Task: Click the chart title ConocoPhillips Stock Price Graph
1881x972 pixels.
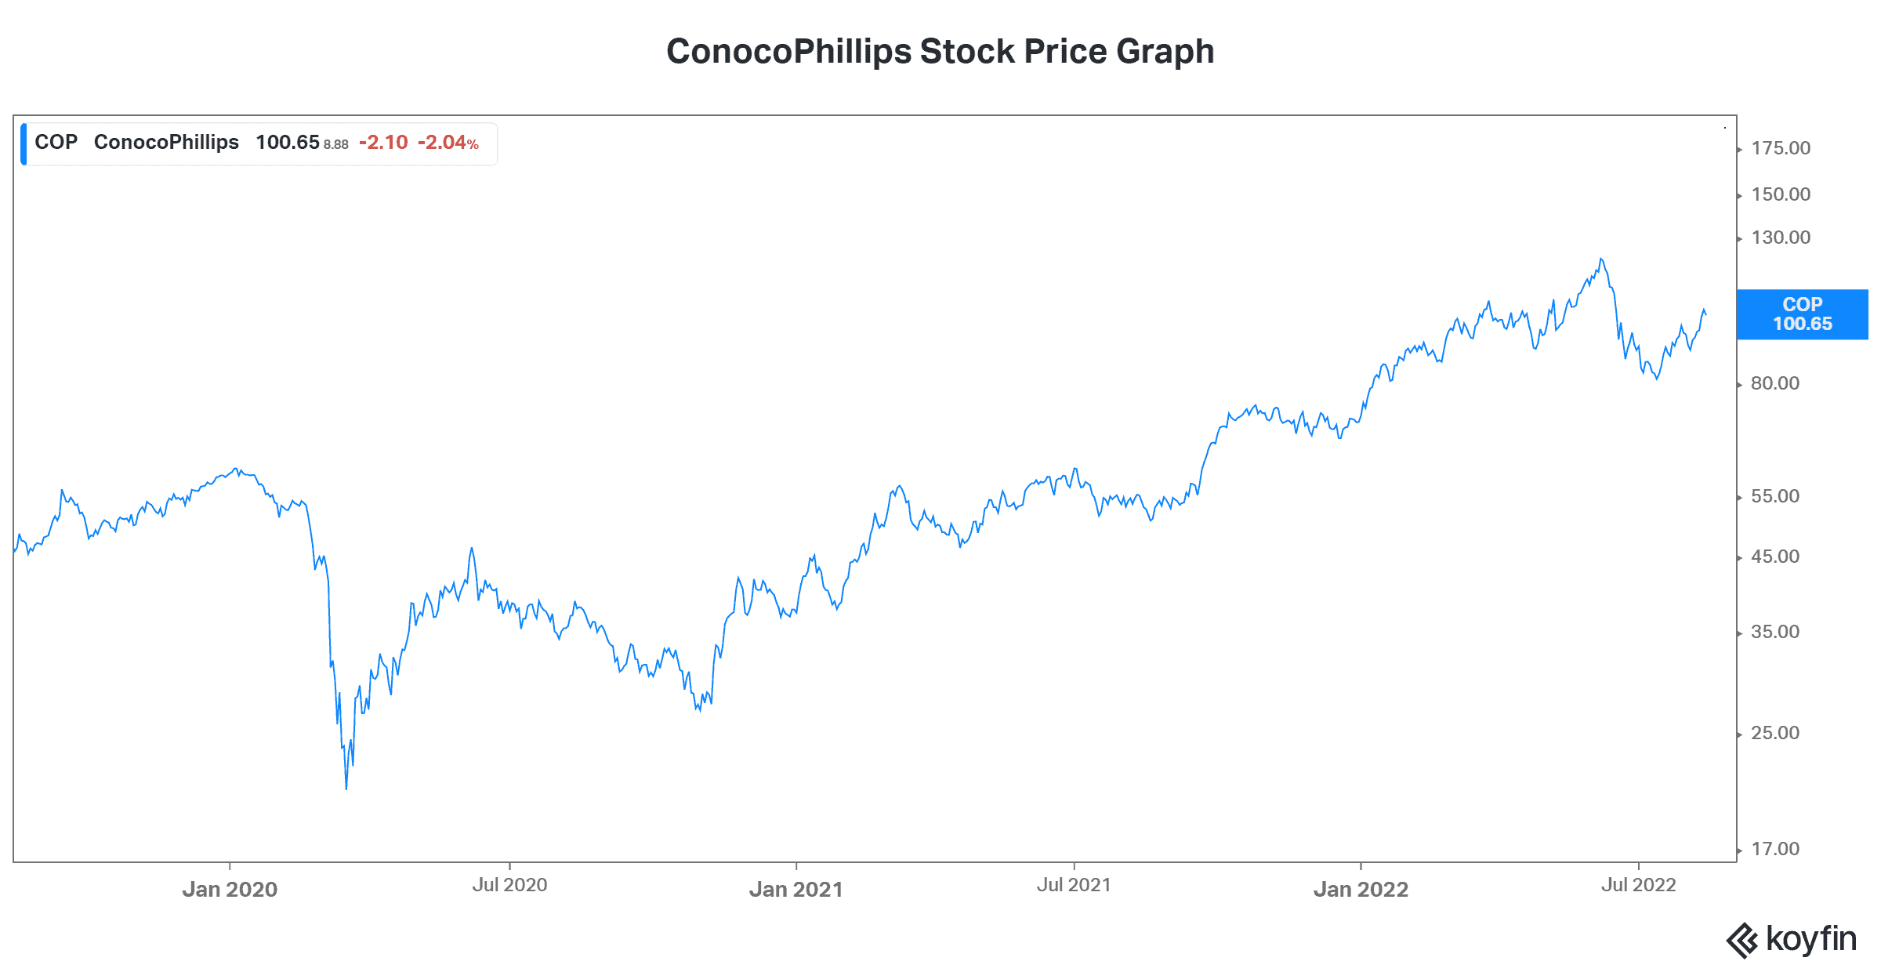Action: pyautogui.click(x=940, y=52)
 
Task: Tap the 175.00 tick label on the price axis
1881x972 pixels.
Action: pyautogui.click(x=1781, y=148)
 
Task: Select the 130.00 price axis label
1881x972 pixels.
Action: pyautogui.click(x=1781, y=238)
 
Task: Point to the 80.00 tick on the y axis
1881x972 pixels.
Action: pyautogui.click(x=1775, y=383)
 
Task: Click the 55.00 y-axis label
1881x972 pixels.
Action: pyautogui.click(x=1775, y=496)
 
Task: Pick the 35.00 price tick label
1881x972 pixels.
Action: pyautogui.click(x=1775, y=632)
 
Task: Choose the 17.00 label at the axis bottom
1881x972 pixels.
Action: pyautogui.click(x=1775, y=849)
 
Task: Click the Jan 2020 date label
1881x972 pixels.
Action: pyautogui.click(x=230, y=889)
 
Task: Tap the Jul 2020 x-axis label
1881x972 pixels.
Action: pyautogui.click(x=509, y=885)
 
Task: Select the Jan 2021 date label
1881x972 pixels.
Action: pyautogui.click(x=796, y=889)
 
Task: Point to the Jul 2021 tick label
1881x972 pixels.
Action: pyautogui.click(x=1074, y=885)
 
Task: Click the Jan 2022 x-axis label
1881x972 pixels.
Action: pyautogui.click(x=1361, y=889)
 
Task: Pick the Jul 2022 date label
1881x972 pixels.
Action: pyautogui.click(x=1638, y=885)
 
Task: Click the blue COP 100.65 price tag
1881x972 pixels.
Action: pyautogui.click(x=1802, y=314)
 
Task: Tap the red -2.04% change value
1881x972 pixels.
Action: pyautogui.click(x=448, y=143)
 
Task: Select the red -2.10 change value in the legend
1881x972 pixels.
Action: pyautogui.click(x=383, y=143)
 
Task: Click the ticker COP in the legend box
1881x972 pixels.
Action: pyautogui.click(x=56, y=143)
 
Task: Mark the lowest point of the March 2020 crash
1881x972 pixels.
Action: pyautogui.click(x=346, y=788)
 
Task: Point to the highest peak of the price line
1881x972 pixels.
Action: pyautogui.click(x=1600, y=259)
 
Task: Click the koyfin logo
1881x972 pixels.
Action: pyautogui.click(x=1791, y=939)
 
